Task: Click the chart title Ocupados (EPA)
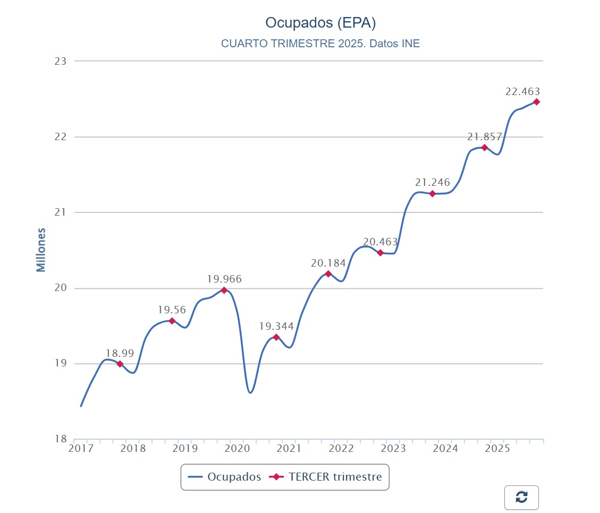click(320, 23)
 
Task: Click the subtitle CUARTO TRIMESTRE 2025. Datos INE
click(320, 44)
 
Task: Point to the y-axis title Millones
click(41, 250)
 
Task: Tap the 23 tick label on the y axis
click(61, 61)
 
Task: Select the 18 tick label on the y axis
click(61, 439)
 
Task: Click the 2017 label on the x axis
click(81, 449)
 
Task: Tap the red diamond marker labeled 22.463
click(537, 102)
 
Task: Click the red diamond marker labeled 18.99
click(120, 364)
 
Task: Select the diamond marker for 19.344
click(276, 337)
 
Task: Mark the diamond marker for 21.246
click(433, 194)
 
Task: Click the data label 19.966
click(224, 279)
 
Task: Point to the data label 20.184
click(328, 263)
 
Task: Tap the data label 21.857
click(485, 136)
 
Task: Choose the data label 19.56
click(172, 310)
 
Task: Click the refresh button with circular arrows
click(521, 497)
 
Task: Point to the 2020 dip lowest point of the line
click(250, 393)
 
